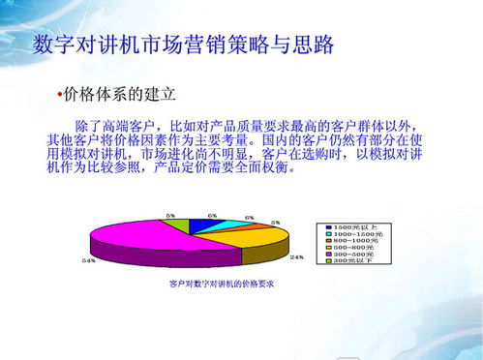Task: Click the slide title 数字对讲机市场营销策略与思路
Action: [183, 45]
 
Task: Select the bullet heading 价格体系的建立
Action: [119, 95]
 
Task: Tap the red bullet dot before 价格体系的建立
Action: [59, 95]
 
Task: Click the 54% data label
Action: [88, 260]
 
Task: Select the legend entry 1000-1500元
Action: [359, 233]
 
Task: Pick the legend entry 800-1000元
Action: [358, 241]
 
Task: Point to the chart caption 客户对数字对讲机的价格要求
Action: [222, 285]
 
